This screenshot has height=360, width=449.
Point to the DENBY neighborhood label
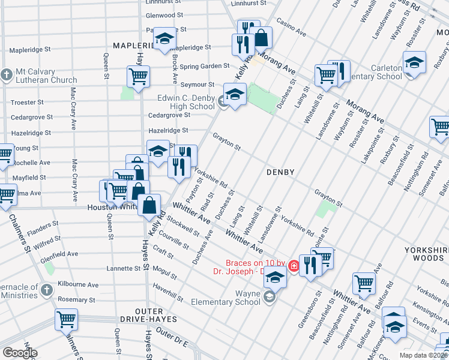tap(280, 172)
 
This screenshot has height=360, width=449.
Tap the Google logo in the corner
tap(19, 353)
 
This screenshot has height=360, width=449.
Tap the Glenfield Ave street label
tap(59, 254)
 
